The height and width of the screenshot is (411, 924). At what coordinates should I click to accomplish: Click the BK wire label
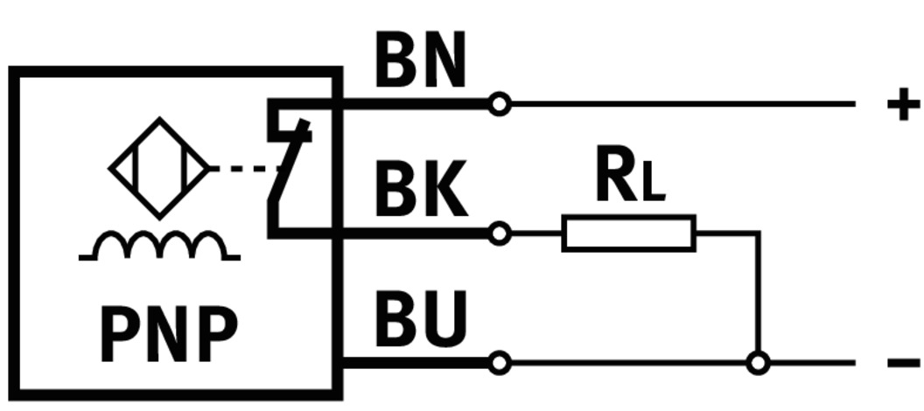(420, 190)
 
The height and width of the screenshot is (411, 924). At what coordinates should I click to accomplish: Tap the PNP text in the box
(169, 334)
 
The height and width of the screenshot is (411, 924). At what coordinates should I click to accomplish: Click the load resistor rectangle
(628, 233)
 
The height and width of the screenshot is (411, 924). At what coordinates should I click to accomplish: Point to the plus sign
(903, 105)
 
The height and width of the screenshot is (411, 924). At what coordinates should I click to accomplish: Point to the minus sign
(903, 362)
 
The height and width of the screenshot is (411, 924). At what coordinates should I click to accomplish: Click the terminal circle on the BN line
(499, 105)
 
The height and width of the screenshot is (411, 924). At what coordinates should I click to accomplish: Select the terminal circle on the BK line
(499, 233)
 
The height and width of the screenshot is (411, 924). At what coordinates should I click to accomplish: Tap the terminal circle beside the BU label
(499, 362)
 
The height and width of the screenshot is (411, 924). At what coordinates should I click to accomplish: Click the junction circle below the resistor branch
(759, 362)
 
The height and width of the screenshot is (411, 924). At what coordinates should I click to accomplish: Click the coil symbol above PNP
(158, 246)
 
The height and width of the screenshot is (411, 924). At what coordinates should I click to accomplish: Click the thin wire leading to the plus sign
(682, 105)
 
